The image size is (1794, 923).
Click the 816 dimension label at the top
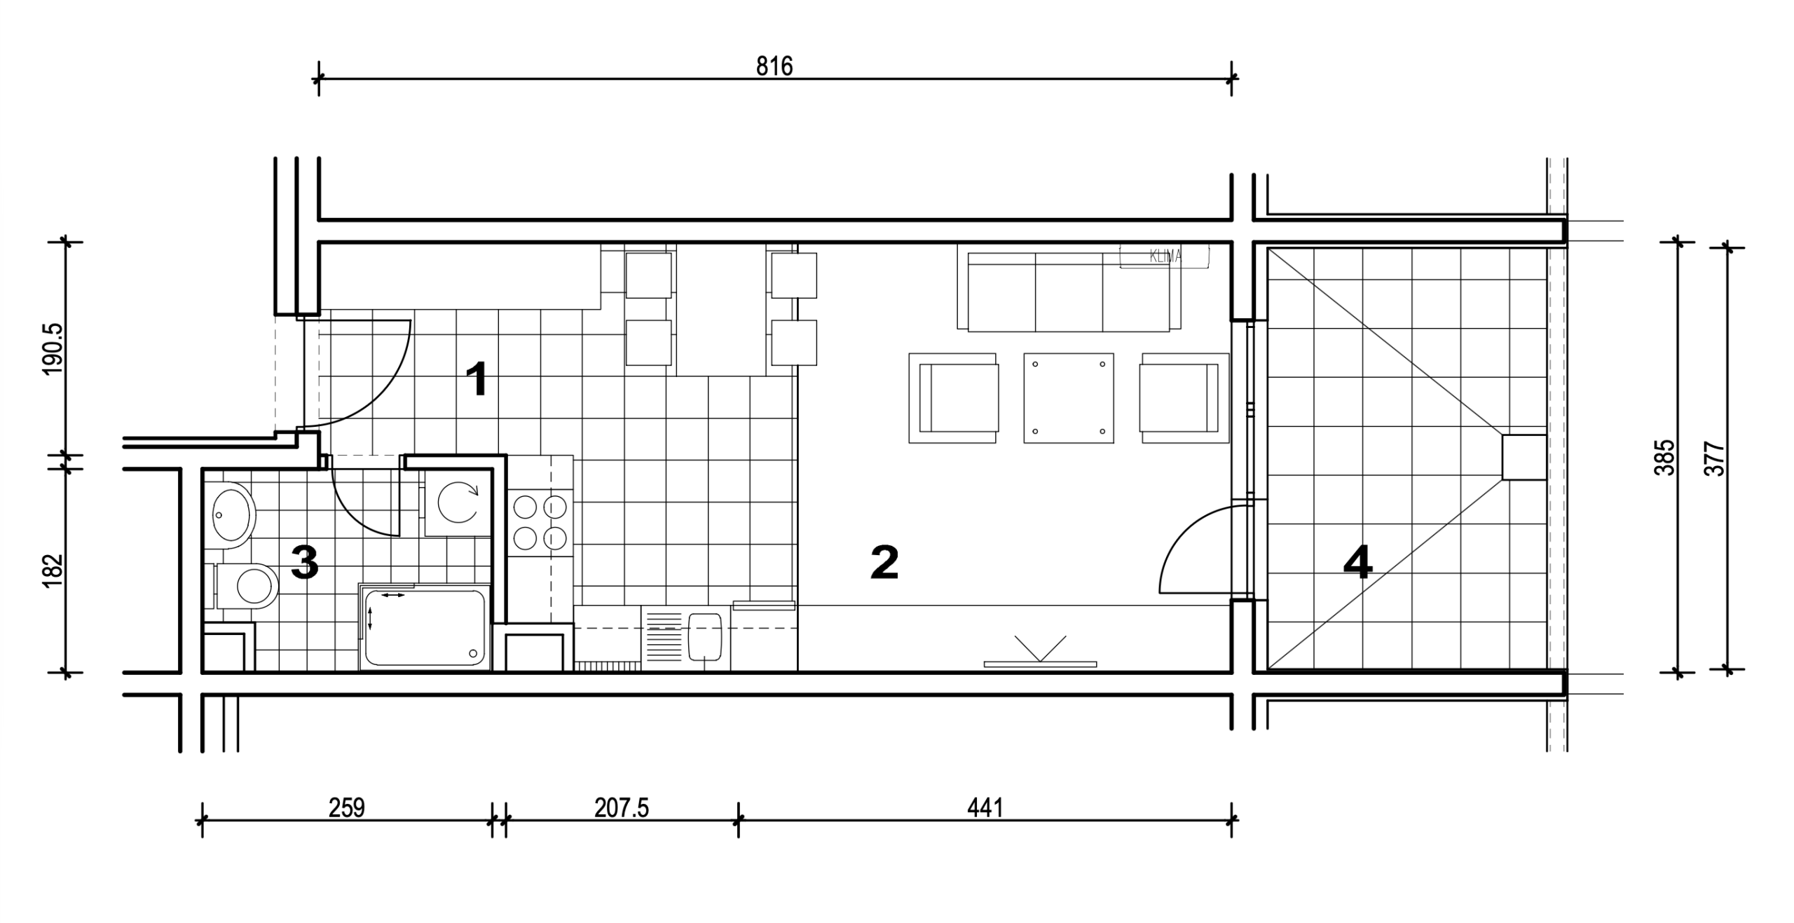774,67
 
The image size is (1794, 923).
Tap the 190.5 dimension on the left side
53,349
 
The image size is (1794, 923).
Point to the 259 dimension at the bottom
347,808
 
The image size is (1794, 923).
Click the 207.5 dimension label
622,808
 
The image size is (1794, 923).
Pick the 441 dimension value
985,808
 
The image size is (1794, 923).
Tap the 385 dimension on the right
1664,458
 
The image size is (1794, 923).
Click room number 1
477,380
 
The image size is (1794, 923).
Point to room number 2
884,563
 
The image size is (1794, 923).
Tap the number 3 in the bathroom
305,562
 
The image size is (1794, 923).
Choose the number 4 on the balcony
1357,563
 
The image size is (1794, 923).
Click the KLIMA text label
1165,257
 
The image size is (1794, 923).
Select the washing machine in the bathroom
458,502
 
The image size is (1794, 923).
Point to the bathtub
424,627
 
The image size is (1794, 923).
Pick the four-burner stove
540,522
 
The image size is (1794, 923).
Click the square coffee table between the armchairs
1069,398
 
